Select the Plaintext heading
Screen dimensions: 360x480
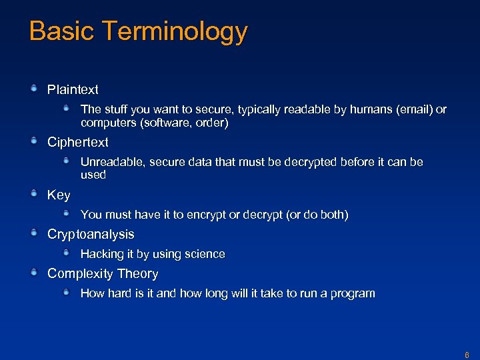pyautogui.click(x=73, y=89)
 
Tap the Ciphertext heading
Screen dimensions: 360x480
pyautogui.click(x=77, y=142)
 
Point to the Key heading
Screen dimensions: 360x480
pyautogui.click(x=59, y=195)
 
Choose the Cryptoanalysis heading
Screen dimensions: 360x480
pyautogui.click(x=91, y=234)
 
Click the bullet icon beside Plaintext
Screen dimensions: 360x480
pyautogui.click(x=34, y=89)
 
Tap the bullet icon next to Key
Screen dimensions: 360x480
pyautogui.click(x=34, y=194)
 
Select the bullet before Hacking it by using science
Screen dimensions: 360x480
pyautogui.click(x=67, y=253)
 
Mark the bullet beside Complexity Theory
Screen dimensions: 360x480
pyautogui.click(x=34, y=273)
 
